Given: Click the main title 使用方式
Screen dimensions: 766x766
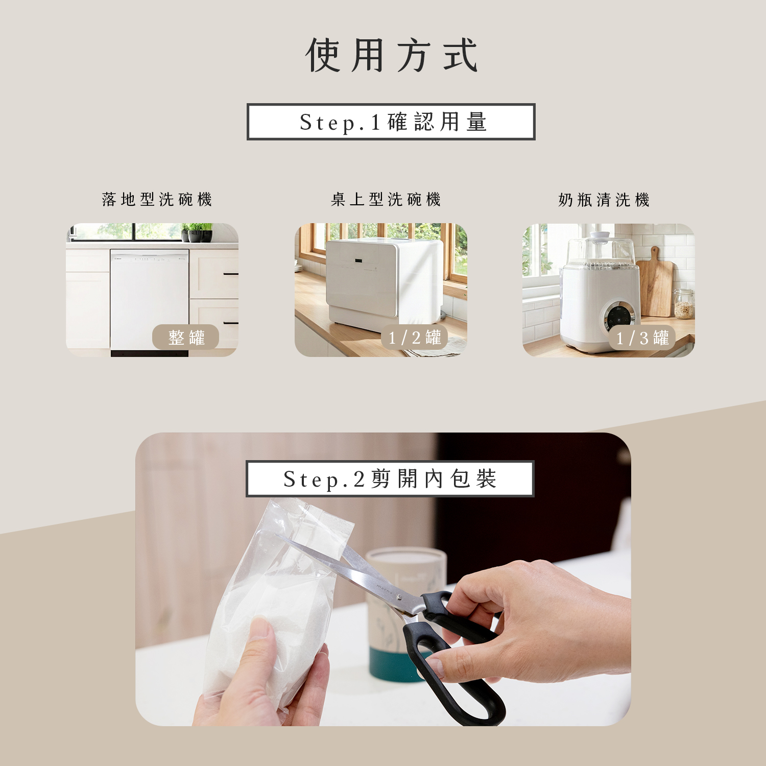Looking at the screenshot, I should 391,55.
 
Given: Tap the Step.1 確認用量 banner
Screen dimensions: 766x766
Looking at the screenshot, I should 391,122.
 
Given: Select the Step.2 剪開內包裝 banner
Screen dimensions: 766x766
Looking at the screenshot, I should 390,479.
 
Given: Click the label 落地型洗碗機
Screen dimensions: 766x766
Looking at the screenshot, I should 157,199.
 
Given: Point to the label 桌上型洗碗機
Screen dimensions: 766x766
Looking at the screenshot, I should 386,199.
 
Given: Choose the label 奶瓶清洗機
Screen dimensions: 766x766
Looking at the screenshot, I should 604,200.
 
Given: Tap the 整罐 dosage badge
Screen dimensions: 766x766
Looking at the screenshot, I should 186,337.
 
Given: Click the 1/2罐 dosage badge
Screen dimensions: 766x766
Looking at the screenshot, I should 414,337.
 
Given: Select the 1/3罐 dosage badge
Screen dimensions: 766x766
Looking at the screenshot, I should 642,338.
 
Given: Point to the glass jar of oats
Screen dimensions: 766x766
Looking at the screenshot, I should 684,304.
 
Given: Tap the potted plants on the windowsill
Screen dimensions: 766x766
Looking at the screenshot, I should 198,233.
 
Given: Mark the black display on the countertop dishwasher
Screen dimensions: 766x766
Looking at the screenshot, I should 359,261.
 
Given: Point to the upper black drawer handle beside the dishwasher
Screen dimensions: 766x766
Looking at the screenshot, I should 230,274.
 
